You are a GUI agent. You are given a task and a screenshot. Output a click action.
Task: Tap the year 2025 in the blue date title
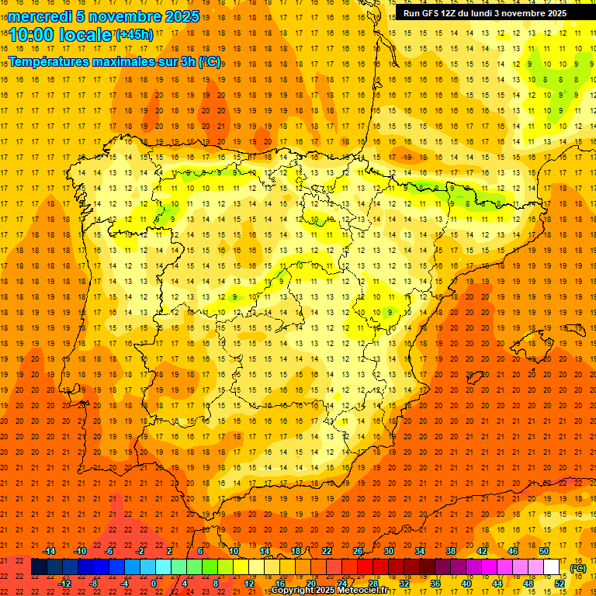pos(181,16)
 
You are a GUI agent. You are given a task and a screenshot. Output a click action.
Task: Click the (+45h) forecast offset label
pos(134,35)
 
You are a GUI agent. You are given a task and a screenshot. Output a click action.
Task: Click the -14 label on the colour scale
pos(49,551)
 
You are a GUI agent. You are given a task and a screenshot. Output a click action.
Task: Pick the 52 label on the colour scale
pos(560,584)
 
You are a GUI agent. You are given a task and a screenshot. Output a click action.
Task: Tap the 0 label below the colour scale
pos(154,584)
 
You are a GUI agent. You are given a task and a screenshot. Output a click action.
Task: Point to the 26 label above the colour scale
pos(358,551)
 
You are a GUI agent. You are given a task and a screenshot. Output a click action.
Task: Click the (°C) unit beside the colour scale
pos(578,568)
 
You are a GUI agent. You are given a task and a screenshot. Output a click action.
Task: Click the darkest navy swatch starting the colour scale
pos(39,567)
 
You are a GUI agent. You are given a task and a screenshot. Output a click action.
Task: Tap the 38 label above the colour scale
pos(451,551)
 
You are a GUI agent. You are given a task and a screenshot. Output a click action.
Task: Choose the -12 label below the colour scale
pos(64,584)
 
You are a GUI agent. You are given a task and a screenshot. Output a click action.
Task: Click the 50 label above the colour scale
pos(544,551)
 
